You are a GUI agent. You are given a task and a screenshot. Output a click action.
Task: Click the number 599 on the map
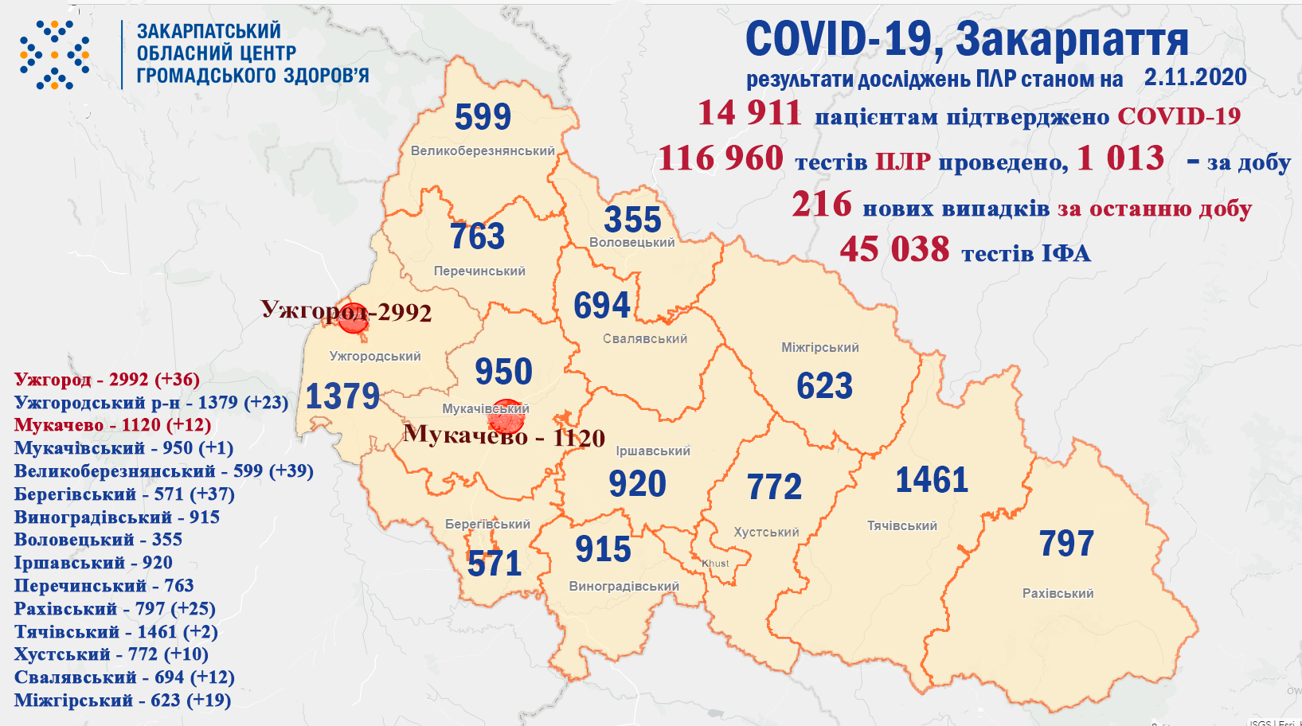tap(483, 117)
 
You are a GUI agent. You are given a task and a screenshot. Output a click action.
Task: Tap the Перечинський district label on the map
tap(479, 271)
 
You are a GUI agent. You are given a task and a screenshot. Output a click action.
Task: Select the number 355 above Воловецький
tap(632, 219)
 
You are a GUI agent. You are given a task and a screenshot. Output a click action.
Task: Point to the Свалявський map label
tap(644, 338)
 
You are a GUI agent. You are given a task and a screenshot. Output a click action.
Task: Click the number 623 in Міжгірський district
tap(824, 386)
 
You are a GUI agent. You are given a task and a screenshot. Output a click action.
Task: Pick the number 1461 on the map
tap(932, 480)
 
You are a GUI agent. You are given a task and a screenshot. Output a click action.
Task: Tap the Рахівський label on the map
tap(1058, 593)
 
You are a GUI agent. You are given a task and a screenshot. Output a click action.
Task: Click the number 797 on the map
tap(1066, 544)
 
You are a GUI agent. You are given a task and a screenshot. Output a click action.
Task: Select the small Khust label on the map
tap(715, 563)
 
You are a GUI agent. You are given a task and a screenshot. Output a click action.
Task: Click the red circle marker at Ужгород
tap(353, 318)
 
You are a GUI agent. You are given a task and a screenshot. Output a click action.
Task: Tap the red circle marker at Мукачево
tap(506, 416)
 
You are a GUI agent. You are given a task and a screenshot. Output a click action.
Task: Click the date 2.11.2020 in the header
tap(1195, 77)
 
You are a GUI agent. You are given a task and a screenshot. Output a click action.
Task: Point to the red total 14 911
tap(749, 113)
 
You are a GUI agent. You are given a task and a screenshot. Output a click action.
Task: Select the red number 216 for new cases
tap(822, 205)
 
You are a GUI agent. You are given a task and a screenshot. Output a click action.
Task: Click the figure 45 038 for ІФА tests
tap(894, 249)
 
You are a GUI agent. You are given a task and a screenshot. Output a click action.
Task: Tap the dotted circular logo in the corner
tap(54, 55)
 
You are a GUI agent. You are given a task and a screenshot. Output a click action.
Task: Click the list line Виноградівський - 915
tap(116, 517)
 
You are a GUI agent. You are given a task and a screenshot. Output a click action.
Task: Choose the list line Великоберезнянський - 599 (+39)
tap(163, 471)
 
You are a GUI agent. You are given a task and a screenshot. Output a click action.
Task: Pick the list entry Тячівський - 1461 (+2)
tap(115, 632)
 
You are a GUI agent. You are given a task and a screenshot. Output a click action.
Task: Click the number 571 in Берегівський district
tap(495, 564)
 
